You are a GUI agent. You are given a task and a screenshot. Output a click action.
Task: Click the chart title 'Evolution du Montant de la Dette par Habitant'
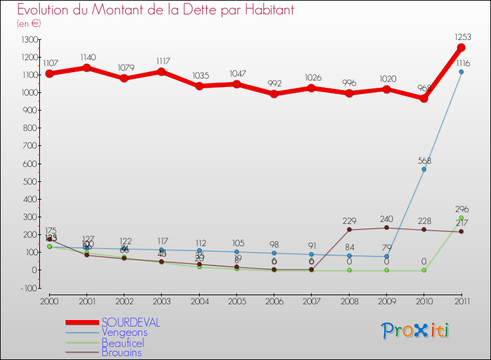(x=155, y=10)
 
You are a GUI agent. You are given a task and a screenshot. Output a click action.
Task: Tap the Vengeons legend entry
(x=124, y=333)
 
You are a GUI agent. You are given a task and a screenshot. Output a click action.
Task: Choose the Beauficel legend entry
(x=122, y=342)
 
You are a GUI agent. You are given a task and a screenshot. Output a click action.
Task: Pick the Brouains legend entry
(x=121, y=352)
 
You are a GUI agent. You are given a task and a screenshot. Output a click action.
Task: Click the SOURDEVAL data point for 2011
(x=461, y=48)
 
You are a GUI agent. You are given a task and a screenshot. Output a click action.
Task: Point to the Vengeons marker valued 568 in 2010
(x=424, y=170)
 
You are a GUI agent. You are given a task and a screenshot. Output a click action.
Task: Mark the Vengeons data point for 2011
(x=461, y=72)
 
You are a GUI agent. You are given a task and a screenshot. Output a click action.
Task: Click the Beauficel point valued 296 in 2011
(x=461, y=217)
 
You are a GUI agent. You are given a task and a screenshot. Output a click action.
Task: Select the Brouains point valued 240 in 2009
(x=386, y=227)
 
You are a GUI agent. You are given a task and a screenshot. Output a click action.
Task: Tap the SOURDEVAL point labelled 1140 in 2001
(x=86, y=67)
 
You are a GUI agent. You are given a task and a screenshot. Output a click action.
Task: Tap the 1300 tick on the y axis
(x=29, y=40)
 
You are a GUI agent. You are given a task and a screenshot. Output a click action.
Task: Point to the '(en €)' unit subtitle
(x=29, y=24)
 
